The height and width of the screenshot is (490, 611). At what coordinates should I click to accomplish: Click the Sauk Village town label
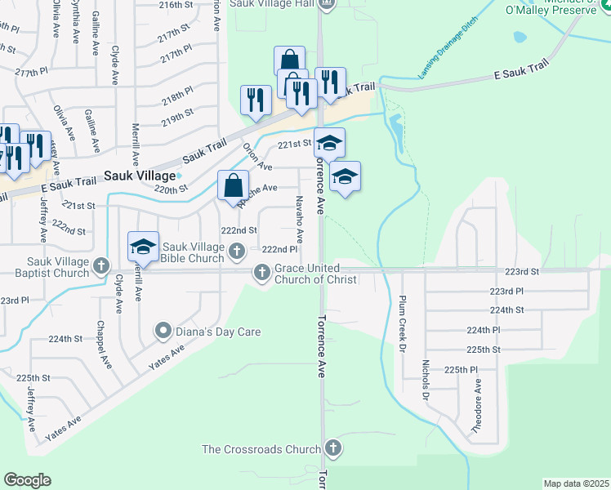(140, 176)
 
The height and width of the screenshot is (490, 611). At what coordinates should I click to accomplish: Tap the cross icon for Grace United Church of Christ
(262, 273)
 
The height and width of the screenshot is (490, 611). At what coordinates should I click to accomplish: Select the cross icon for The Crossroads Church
(332, 448)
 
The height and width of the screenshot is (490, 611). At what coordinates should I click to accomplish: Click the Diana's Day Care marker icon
(163, 331)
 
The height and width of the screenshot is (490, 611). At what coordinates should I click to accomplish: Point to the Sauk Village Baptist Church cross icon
(101, 265)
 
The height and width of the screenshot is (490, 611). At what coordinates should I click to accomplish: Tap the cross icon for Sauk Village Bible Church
(237, 251)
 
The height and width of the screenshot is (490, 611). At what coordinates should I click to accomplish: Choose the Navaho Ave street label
(300, 219)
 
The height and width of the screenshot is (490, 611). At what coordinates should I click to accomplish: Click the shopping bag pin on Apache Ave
(234, 186)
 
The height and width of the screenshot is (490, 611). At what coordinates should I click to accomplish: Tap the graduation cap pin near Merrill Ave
(143, 247)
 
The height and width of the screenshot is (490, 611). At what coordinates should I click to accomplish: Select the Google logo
(28, 480)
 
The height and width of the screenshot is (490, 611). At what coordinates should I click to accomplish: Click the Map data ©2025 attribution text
(576, 483)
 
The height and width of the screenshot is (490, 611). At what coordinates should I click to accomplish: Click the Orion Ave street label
(258, 157)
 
